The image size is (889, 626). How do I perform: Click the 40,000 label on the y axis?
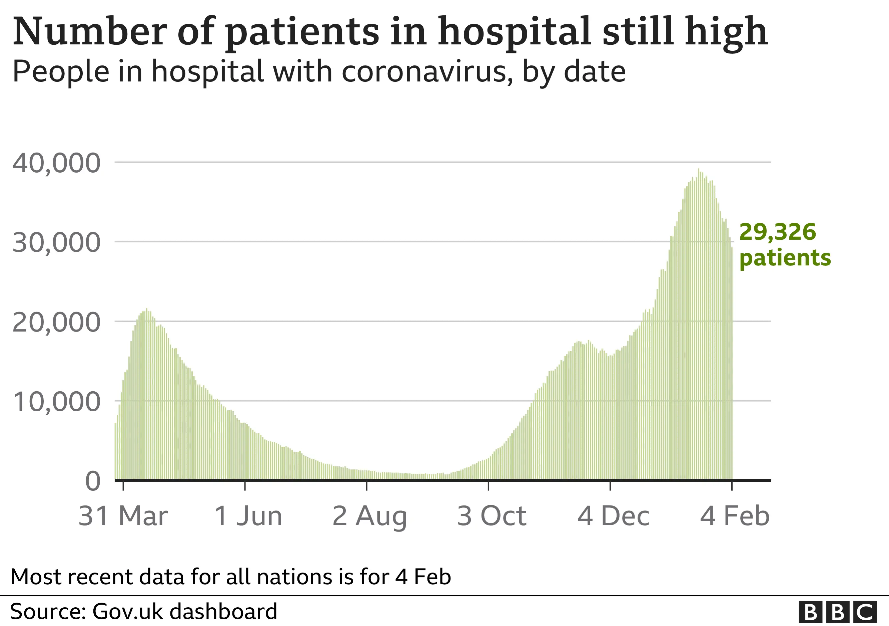click(x=56, y=163)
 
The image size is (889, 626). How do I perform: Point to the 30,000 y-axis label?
click(x=56, y=243)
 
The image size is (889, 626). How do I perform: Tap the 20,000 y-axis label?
click(x=56, y=323)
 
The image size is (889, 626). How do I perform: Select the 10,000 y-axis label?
click(x=56, y=402)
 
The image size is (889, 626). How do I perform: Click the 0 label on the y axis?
click(x=93, y=482)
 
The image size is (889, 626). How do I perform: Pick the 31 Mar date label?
click(x=123, y=516)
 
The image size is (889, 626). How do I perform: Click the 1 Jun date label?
click(x=248, y=516)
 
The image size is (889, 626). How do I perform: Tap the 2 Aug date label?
click(x=369, y=516)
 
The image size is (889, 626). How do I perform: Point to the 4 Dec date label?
click(x=613, y=516)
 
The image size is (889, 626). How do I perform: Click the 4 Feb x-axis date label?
click(x=735, y=516)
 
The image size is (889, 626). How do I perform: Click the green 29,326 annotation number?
click(x=778, y=232)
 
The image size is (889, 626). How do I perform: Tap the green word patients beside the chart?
click(x=785, y=258)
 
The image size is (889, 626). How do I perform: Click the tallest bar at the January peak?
click(x=699, y=171)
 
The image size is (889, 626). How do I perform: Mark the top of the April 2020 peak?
click(x=146, y=309)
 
